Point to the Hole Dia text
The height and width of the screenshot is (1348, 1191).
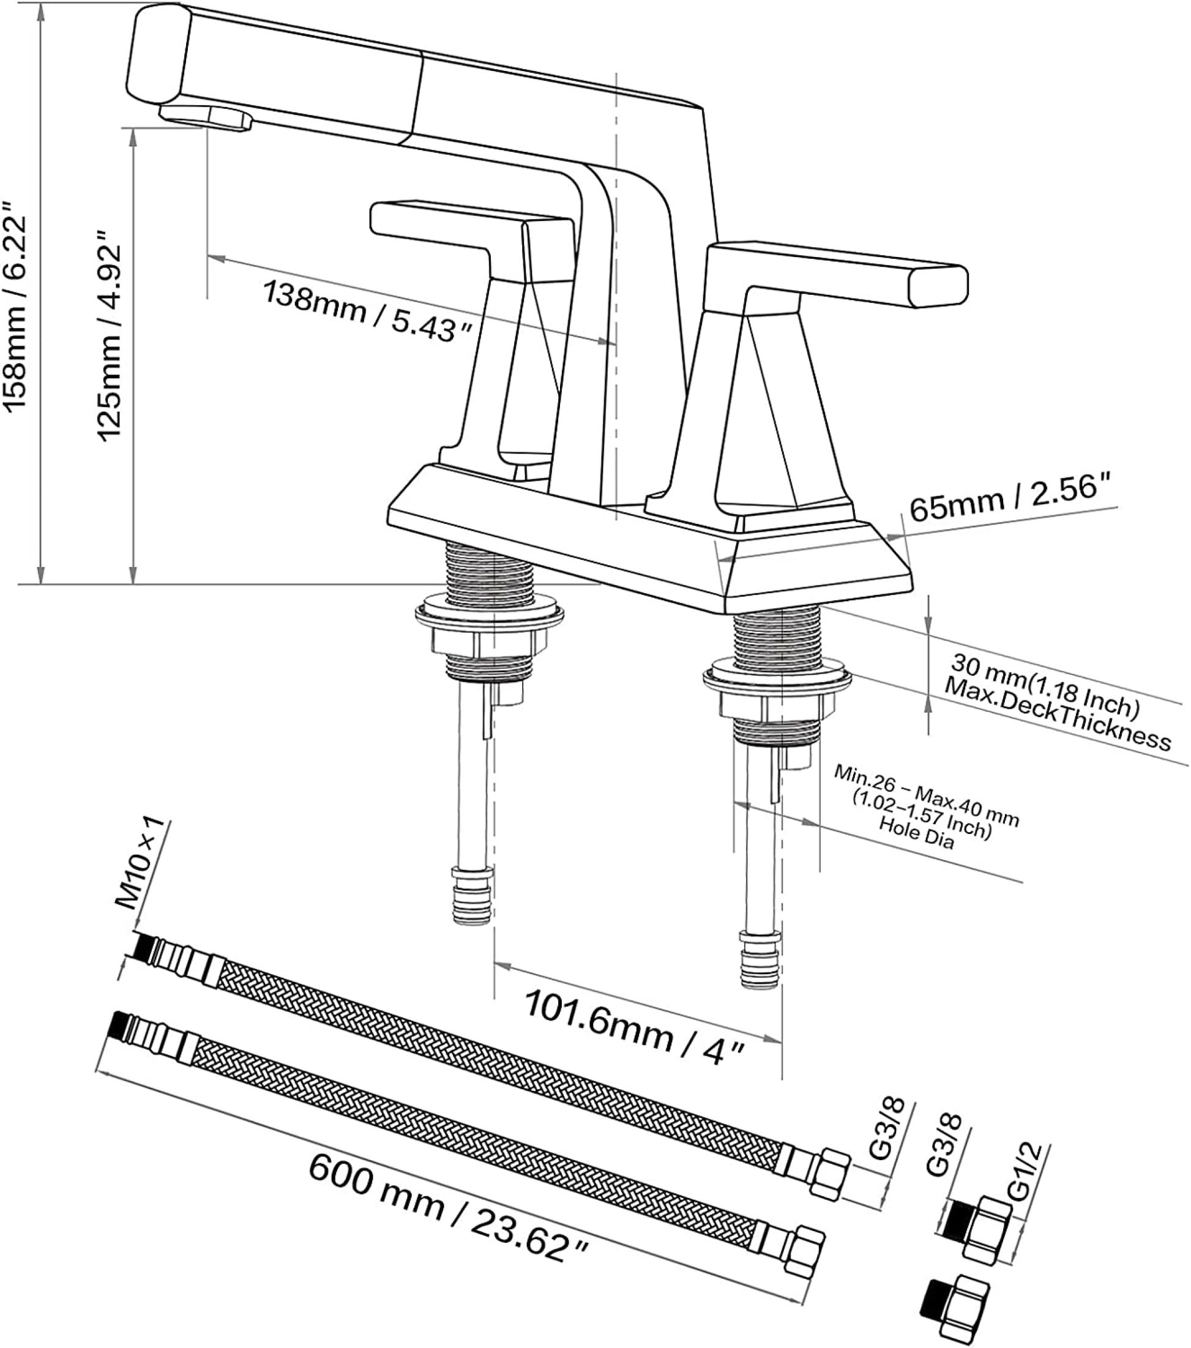[917, 833]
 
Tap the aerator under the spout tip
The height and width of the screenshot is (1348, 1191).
[206, 117]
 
